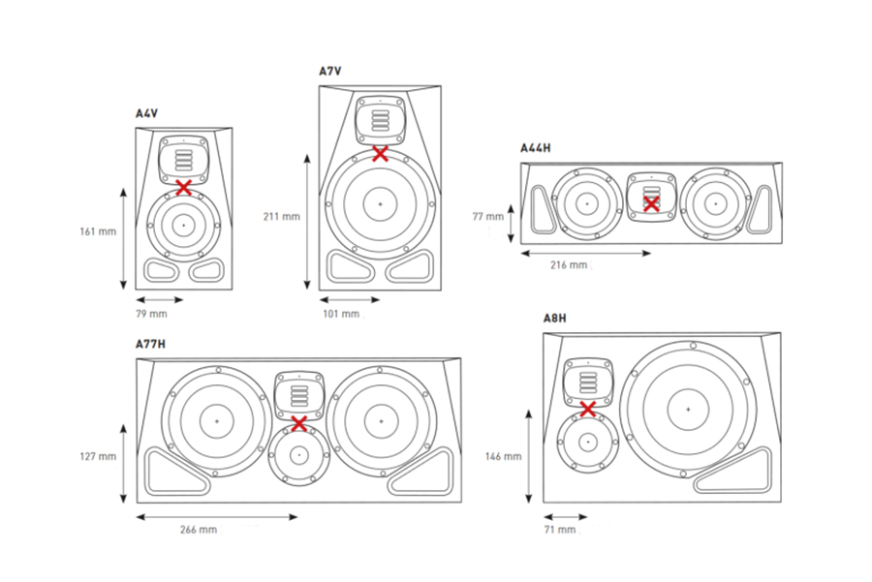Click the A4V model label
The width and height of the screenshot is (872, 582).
coord(146,114)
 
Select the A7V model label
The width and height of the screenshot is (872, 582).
coord(330,71)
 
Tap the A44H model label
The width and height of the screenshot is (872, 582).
coord(535,148)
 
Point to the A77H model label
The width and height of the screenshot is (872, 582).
coord(150,344)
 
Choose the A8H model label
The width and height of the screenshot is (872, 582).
coord(555,319)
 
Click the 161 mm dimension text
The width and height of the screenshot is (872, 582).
coord(99,231)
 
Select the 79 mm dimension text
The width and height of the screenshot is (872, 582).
coord(150,314)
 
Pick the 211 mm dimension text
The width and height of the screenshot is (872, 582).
coord(282,216)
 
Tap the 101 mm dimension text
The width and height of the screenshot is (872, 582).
coord(339,314)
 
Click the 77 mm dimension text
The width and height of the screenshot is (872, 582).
coord(488,216)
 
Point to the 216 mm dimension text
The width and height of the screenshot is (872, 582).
coord(569,264)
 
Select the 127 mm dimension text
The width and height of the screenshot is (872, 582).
coord(99,456)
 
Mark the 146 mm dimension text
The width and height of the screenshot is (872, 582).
coord(504,456)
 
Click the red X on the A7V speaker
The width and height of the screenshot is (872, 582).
coord(381,153)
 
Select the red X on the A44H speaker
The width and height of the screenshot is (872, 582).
coord(651,203)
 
